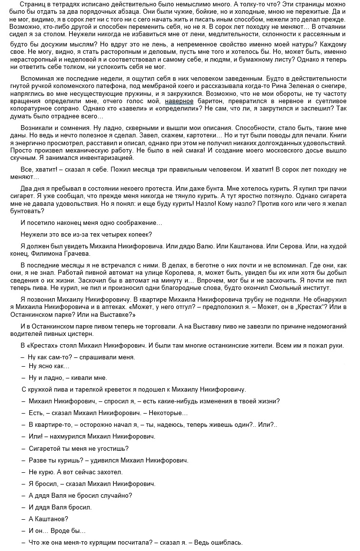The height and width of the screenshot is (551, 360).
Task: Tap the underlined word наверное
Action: [x=179, y=101]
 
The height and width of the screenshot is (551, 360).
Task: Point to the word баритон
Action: [x=210, y=101]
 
